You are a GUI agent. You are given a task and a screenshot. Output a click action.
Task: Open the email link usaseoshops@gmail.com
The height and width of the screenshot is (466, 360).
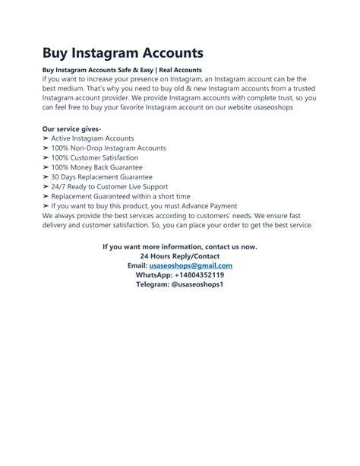click(x=191, y=266)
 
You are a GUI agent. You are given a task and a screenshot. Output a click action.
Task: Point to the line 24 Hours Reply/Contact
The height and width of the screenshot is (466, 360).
click(x=180, y=256)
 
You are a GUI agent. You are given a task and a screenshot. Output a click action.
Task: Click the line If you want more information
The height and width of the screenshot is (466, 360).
click(x=180, y=247)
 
